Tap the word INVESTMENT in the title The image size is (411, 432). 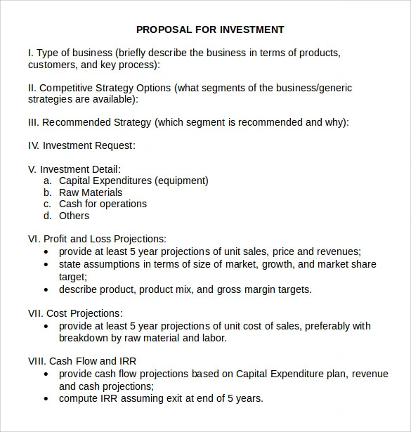pyautogui.click(x=252, y=30)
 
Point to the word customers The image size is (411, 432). pyautogui.click(x=51, y=65)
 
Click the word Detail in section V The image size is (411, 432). pyautogui.click(x=104, y=169)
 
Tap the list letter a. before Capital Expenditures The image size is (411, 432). pyautogui.click(x=47, y=181)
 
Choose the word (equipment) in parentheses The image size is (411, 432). pyautogui.click(x=181, y=181)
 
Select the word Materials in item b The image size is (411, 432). pyautogui.click(x=102, y=192)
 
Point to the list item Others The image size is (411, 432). pyautogui.click(x=74, y=216)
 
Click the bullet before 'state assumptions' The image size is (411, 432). pyautogui.click(x=46, y=265)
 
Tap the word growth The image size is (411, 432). pyautogui.click(x=278, y=265)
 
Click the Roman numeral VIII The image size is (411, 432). pyautogui.click(x=36, y=361)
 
